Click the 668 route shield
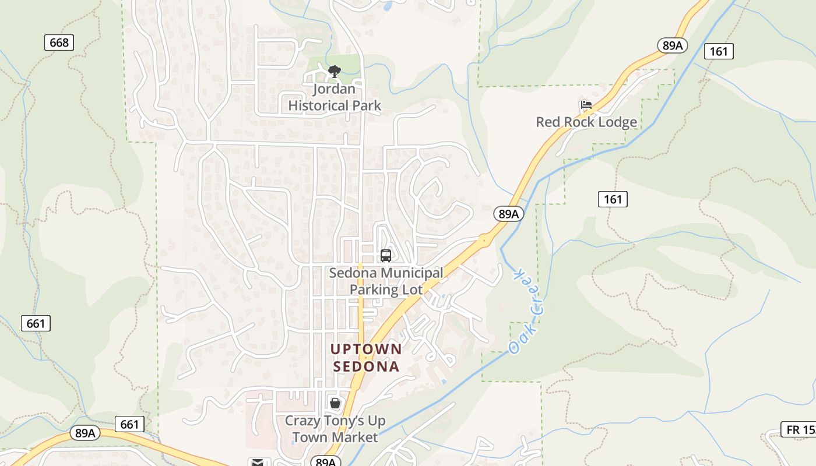pyautogui.click(x=59, y=43)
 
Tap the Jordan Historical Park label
pyautogui.click(x=335, y=97)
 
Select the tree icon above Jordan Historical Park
pyautogui.click(x=334, y=72)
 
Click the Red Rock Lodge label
pyautogui.click(x=586, y=122)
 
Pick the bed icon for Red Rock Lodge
pyautogui.click(x=586, y=105)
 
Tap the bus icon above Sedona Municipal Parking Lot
pyautogui.click(x=385, y=255)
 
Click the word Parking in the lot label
pyautogui.click(x=372, y=290)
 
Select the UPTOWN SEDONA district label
pyautogui.click(x=366, y=358)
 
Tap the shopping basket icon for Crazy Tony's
pyautogui.click(x=335, y=403)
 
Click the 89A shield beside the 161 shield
pyautogui.click(x=672, y=45)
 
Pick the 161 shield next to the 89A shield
pyautogui.click(x=719, y=51)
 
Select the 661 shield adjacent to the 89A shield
pyautogui.click(x=129, y=424)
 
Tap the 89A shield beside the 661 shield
pyautogui.click(x=85, y=433)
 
